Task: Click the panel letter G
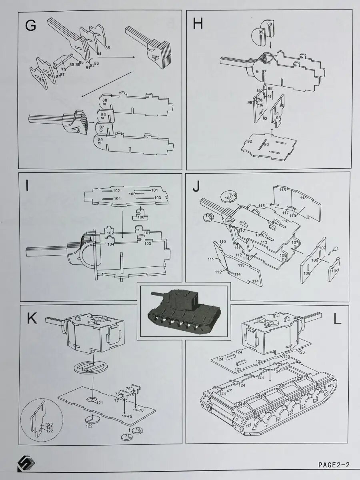(x=30, y=26)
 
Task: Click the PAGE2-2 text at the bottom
(x=334, y=464)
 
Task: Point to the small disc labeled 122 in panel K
(x=92, y=420)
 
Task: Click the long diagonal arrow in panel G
(x=106, y=85)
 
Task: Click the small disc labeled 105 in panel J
(x=208, y=218)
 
